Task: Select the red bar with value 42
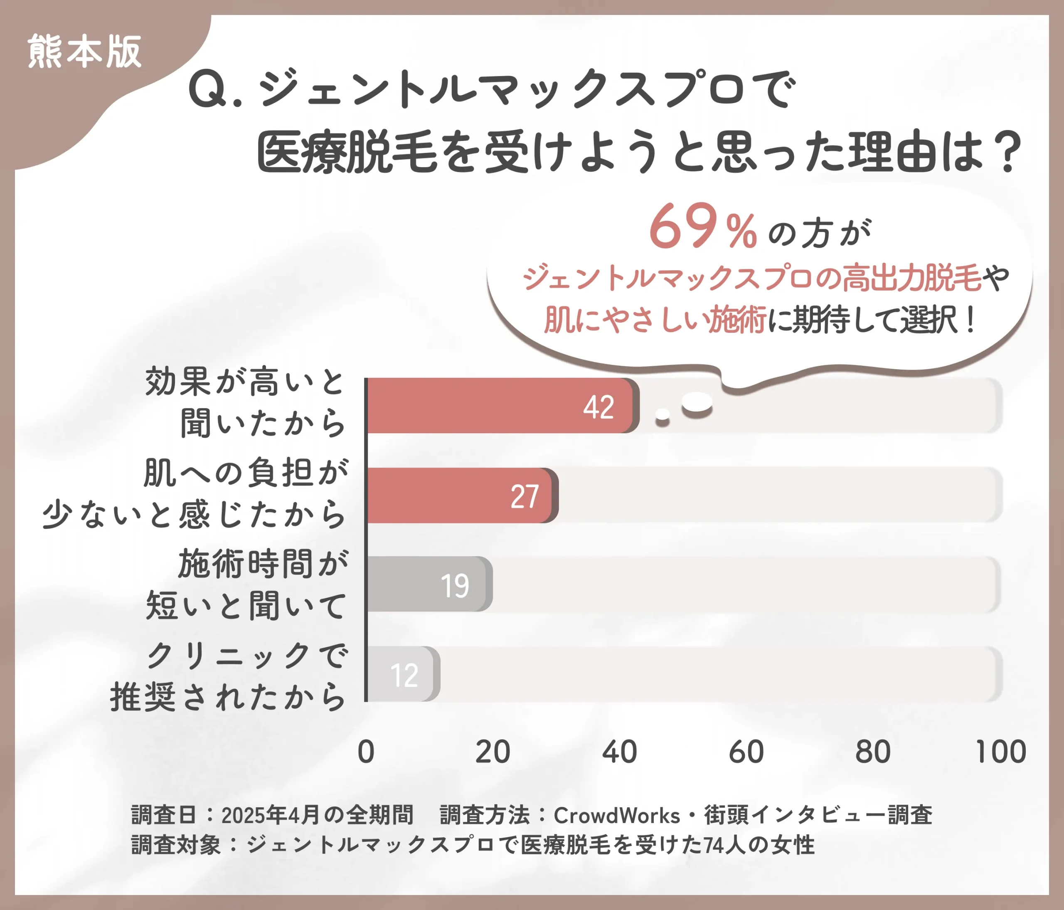pos(501,406)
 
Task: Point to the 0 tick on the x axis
pos(366,752)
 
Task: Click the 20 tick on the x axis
pos(493,752)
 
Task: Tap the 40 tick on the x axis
pos(619,752)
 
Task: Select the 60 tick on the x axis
pos(746,752)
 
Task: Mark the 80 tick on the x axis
pos(873,752)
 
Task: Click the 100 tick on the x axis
pos(1000,752)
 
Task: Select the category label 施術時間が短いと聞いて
pos(246,584)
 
